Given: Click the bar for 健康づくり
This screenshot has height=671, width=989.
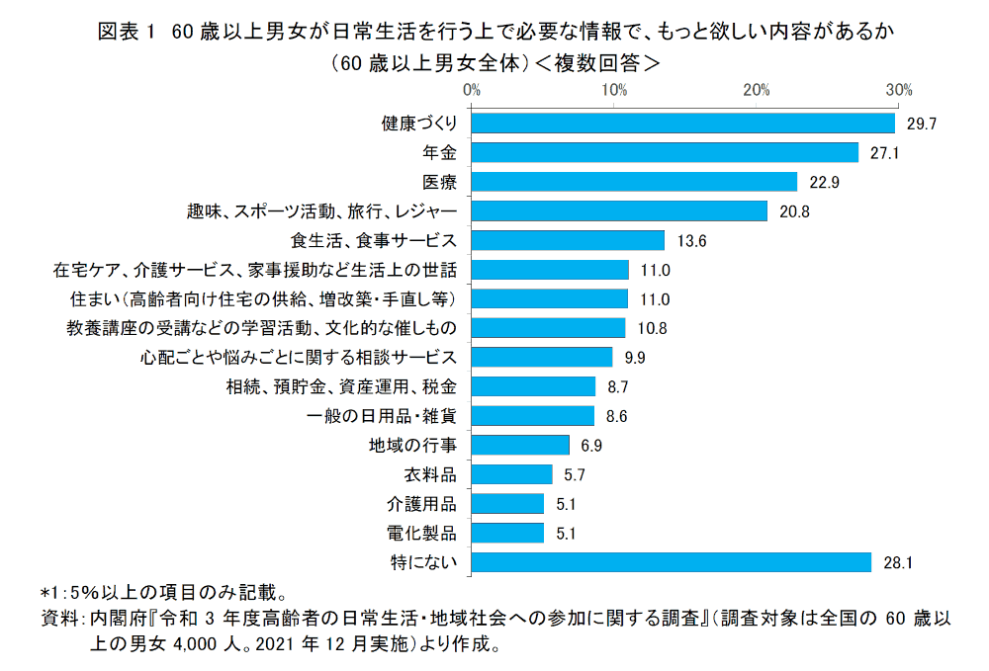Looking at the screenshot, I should pyautogui.click(x=682, y=124).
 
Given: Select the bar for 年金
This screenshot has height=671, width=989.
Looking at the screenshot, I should pyautogui.click(x=665, y=152).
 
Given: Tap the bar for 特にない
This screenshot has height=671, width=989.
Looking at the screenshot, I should pyautogui.click(x=672, y=562).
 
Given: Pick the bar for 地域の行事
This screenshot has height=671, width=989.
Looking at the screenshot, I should pyautogui.click(x=520, y=445).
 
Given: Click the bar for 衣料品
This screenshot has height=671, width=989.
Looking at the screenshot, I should pyautogui.click(x=511, y=474).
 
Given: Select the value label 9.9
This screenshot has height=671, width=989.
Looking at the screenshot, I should pyautogui.click(x=635, y=357).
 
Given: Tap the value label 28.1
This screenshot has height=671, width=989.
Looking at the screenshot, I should pyautogui.click(x=894, y=562).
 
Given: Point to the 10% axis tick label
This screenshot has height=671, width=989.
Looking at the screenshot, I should pyautogui.click(x=614, y=90).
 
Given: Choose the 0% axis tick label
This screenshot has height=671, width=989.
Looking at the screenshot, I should pyautogui.click(x=472, y=90).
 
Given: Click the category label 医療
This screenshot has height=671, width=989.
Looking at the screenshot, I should pyautogui.click(x=439, y=182).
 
